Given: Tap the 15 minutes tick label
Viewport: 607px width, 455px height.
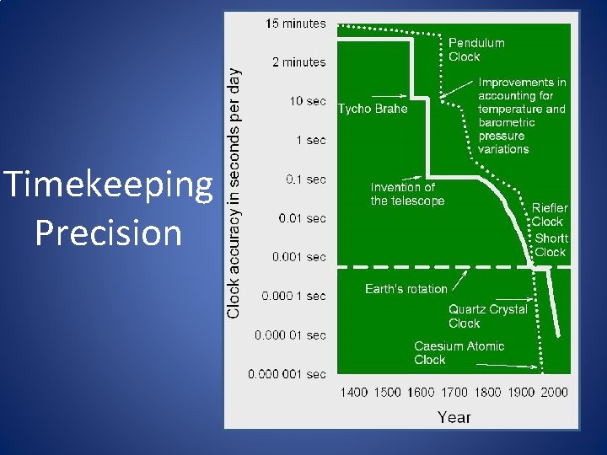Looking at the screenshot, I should tap(295, 24).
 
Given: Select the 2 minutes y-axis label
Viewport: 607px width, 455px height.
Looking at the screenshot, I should tap(298, 62).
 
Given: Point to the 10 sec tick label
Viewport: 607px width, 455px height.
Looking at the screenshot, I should tap(307, 101).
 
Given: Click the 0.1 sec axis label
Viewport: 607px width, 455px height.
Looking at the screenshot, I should tap(306, 179).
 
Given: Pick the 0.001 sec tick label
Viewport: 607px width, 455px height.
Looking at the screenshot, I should tap(298, 257).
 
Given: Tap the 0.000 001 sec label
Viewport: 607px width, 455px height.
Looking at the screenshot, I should tap(287, 373).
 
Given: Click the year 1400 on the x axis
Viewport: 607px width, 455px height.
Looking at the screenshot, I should tap(354, 392).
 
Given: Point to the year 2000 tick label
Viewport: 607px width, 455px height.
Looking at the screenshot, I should tap(554, 392).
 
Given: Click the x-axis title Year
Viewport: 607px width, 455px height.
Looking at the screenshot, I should tap(454, 416).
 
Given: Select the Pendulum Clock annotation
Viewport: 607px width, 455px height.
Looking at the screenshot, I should tap(476, 50).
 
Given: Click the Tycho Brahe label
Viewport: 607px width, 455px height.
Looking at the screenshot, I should tap(373, 109).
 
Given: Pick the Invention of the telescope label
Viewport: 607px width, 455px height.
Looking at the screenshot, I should tap(407, 194).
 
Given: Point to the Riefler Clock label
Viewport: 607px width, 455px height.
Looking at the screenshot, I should tap(550, 215).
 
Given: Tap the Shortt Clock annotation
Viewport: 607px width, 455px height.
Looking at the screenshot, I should tap(551, 245).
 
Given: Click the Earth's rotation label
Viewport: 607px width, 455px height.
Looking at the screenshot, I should tap(406, 289).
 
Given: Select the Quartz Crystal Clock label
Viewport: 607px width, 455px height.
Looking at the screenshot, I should tap(487, 316).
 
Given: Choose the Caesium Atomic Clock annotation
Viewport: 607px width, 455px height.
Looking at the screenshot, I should tap(459, 352).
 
